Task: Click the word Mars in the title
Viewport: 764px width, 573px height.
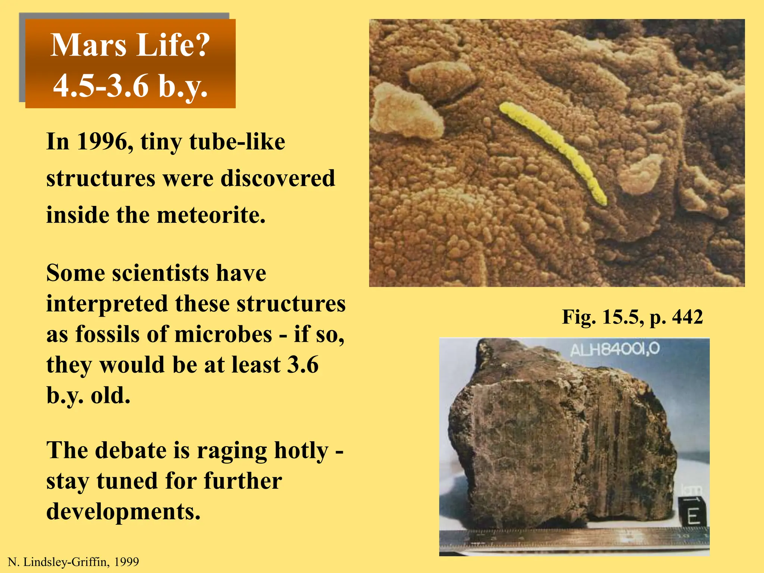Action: (x=88, y=46)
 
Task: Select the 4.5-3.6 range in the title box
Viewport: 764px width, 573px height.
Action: (x=101, y=86)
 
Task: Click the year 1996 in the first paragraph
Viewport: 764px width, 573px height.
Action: (x=104, y=142)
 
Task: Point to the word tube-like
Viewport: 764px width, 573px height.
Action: (x=237, y=142)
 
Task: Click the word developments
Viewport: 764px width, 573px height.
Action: (x=123, y=511)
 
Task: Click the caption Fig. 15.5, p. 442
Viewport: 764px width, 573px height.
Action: (x=632, y=317)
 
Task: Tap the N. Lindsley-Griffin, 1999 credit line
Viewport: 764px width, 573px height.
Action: (x=73, y=562)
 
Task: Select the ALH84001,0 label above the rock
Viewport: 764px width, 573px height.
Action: (x=614, y=350)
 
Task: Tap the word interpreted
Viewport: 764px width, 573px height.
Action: (x=107, y=304)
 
